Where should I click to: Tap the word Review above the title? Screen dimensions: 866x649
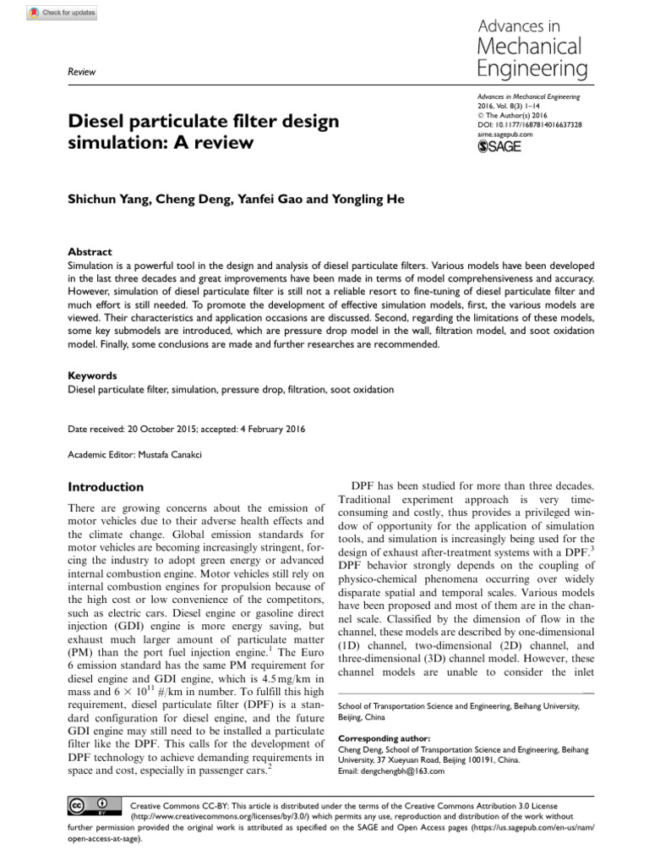click(81, 74)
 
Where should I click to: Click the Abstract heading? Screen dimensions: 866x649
click(89, 252)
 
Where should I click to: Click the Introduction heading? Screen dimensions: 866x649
click(106, 487)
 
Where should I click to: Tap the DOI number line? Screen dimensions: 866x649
click(529, 124)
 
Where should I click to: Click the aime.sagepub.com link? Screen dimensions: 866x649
click(505, 134)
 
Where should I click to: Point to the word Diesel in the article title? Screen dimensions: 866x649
click(95, 122)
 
